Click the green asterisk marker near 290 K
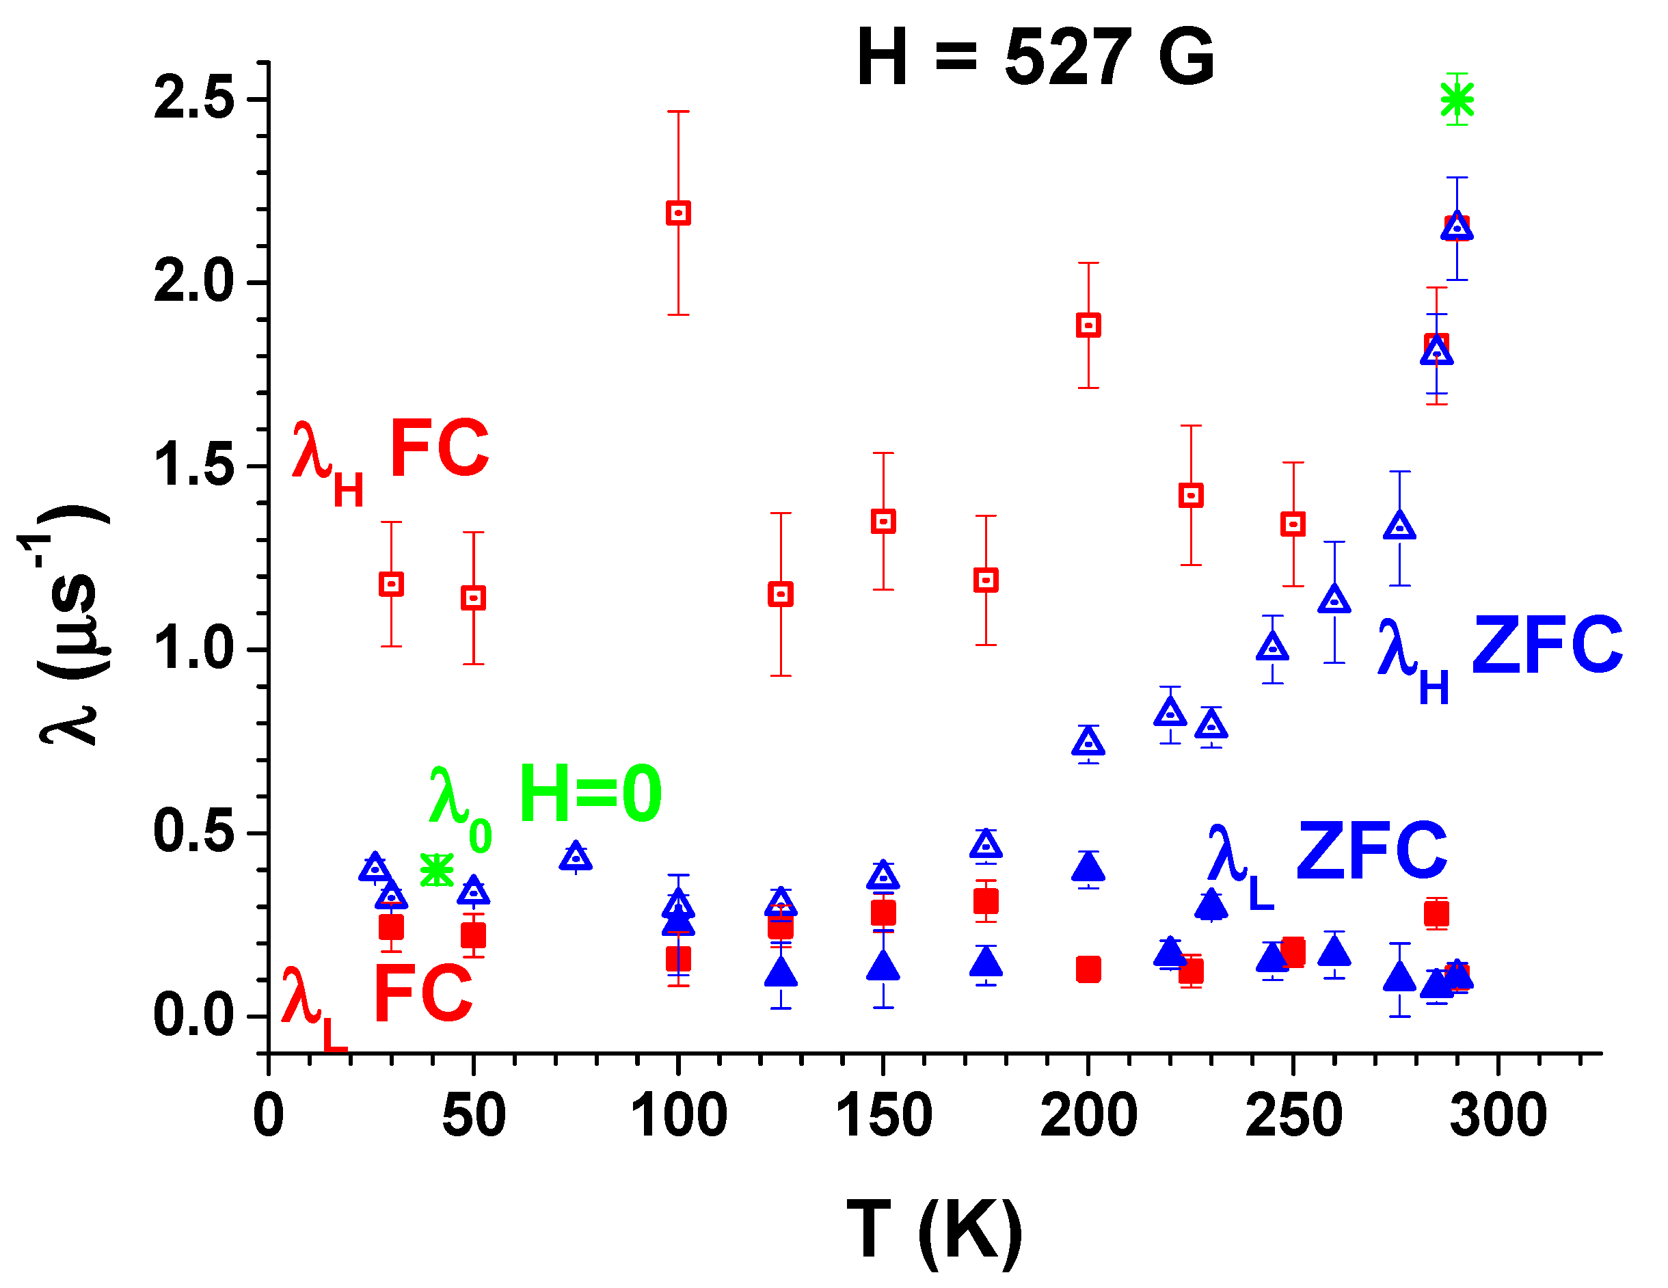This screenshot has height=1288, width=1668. pyautogui.click(x=1457, y=99)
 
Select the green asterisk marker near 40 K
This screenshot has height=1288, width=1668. pyautogui.click(x=437, y=870)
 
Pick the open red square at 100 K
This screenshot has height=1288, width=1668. pyautogui.click(x=678, y=213)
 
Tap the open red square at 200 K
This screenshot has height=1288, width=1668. pyautogui.click(x=1088, y=325)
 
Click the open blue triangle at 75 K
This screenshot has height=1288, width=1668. pyautogui.click(x=576, y=857)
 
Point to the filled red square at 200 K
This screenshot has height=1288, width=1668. pyautogui.click(x=1088, y=969)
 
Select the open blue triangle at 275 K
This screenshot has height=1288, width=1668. pyautogui.click(x=1399, y=526)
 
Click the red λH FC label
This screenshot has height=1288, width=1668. pyautogui.click(x=390, y=458)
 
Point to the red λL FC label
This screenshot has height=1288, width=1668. pyautogui.click(x=377, y=1001)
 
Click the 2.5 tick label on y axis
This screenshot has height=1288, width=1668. pyautogui.click(x=193, y=99)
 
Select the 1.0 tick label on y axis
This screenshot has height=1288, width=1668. pyautogui.click(x=193, y=650)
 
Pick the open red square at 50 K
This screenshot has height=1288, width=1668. pyautogui.click(x=474, y=598)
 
